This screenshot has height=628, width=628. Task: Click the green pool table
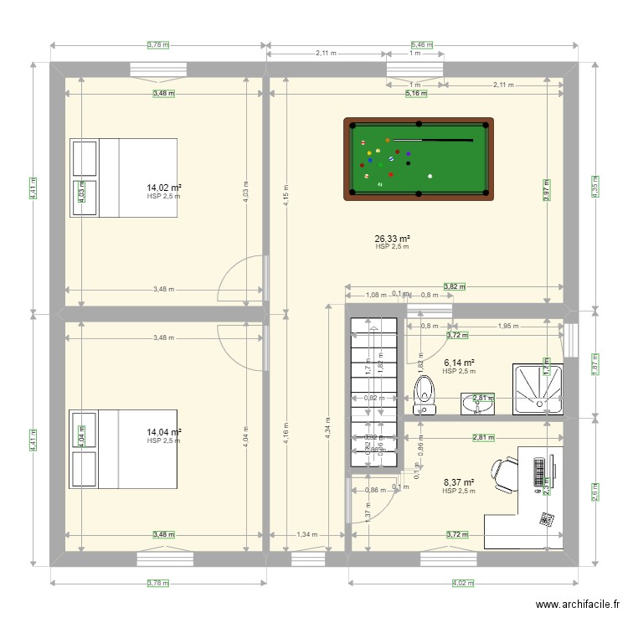coord(418,158)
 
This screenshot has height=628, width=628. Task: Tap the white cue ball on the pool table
coord(430,176)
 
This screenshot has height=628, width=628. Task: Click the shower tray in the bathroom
coord(538,389)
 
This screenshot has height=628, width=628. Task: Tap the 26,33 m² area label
coord(392,239)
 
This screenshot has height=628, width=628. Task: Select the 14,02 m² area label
coord(164,188)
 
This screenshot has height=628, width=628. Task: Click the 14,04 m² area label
coord(164,432)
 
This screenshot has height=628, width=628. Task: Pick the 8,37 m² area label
coord(458,482)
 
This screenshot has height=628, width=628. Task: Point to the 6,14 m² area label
coord(459,363)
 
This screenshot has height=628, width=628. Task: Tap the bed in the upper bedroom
coord(124,178)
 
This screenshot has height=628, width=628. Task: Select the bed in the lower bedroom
coord(124,449)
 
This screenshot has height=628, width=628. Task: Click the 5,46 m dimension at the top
coord(422,44)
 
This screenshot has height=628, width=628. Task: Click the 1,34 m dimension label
coord(306,534)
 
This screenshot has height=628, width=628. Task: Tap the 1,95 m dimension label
coord(507,326)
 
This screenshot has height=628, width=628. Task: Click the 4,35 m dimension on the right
coord(594,186)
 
